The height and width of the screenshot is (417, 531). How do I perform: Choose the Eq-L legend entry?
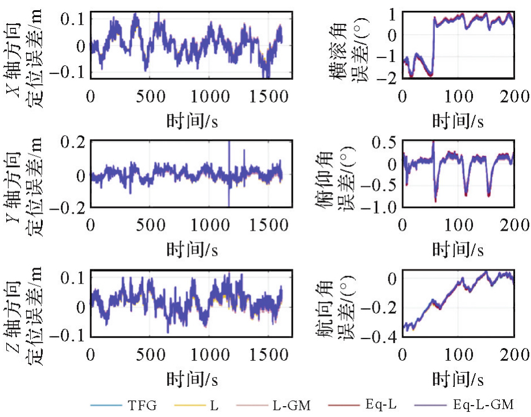coord(380,405)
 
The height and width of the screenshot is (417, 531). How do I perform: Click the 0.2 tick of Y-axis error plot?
coord(73,142)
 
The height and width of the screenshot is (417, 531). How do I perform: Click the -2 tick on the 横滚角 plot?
coord(388,78)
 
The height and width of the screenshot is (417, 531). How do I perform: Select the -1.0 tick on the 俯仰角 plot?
coord(382,207)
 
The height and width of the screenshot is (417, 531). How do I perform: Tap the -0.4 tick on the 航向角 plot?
coord(382,337)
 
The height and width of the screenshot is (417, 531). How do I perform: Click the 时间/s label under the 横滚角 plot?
coord(458,120)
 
